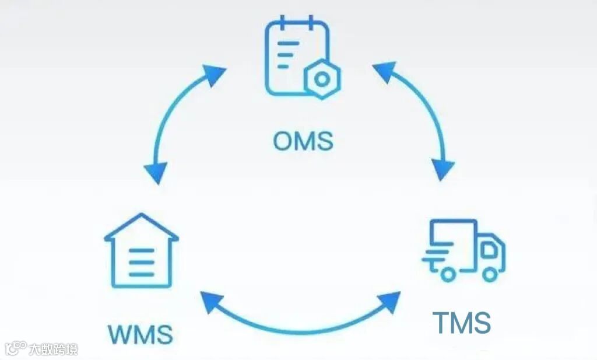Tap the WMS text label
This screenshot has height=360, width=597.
click(141, 335)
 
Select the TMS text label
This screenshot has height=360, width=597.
click(461, 323)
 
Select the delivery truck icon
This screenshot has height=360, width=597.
click(463, 250)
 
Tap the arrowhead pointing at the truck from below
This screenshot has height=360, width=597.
click(388, 300)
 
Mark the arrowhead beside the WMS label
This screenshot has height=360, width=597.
click(211, 303)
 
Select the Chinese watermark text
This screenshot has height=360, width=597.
click(53, 349)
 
